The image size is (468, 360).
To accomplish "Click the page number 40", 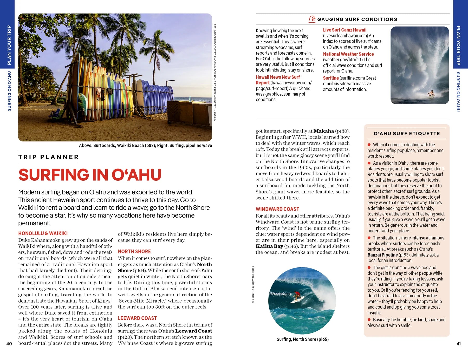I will pos(9,344).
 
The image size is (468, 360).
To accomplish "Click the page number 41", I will pos(459,344).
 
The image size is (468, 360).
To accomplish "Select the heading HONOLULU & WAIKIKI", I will pos(43,233).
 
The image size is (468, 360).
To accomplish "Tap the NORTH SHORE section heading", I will pos(134,251).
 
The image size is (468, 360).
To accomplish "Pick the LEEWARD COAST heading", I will pos(137,318).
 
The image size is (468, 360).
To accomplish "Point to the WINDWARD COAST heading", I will pos(277,209).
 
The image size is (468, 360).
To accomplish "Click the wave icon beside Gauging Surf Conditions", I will pos(312,19).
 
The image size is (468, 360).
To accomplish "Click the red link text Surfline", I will pos(331,78).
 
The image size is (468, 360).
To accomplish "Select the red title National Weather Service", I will pos(348,54).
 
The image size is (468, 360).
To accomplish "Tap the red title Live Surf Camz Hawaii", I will pos(344,30).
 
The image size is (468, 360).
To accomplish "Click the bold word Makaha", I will pos(323,131).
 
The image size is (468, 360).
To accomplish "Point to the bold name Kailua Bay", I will pos(269,246).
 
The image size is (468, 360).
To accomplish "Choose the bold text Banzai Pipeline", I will pos(382,255).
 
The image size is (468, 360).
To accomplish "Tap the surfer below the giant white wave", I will pos(431,94).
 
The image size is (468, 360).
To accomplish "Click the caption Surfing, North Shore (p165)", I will pos(302,339).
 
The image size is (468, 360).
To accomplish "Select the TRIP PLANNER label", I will pos(48,157).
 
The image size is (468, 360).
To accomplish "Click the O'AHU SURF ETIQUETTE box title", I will pos(407,134).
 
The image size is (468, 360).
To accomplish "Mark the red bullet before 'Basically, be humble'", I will pos(369,320).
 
